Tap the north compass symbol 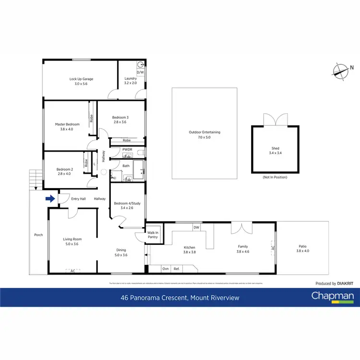tap(341, 71)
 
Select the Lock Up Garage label tap(81, 79)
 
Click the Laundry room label tap(131, 79)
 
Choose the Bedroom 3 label tap(120, 118)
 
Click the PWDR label tap(127, 149)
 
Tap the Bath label tap(126, 166)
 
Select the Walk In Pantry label tap(153, 235)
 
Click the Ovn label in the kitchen tap(165, 269)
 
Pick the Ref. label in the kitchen tap(177, 269)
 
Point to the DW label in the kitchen tap(196, 227)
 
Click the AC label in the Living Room tap(72, 271)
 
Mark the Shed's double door tap(276, 120)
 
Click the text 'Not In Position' tap(275, 178)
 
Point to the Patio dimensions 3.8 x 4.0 tap(303, 251)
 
